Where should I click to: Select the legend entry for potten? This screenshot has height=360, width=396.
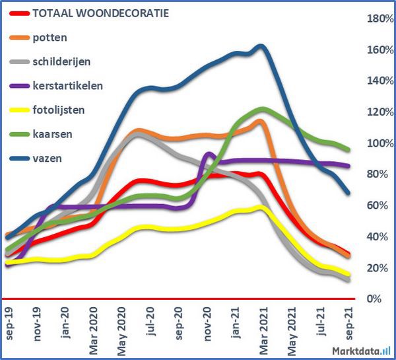click(49, 37)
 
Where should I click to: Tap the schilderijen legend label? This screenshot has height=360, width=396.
click(61, 61)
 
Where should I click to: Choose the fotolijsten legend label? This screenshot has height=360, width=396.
click(58, 110)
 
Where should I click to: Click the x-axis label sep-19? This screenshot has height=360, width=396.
click(10, 324)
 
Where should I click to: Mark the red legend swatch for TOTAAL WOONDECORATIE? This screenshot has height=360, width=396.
click(18, 13)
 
